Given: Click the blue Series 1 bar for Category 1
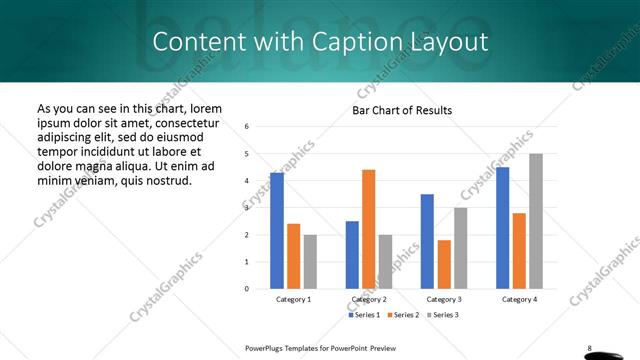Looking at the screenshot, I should (277, 231).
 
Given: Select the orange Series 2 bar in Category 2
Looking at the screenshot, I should (368, 229).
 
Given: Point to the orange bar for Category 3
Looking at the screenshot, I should (444, 264).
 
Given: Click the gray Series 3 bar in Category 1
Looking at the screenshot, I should (310, 262).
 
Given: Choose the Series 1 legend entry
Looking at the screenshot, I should (365, 315).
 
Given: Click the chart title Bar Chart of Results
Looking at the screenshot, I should (402, 110).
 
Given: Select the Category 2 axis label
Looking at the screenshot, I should (369, 299).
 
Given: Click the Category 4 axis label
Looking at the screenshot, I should (519, 299).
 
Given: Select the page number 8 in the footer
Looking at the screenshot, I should (589, 348).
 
